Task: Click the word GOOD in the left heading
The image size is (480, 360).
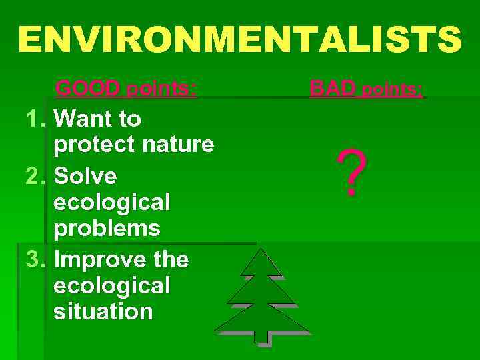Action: point(89,88)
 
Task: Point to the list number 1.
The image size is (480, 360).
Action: point(34,119)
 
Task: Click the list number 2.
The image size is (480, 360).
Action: point(34,177)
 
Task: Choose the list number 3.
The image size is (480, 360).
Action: point(34,259)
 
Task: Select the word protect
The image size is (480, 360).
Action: point(93,144)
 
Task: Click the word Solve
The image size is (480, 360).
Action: point(85,177)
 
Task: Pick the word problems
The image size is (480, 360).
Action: point(107,229)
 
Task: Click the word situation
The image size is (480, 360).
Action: point(103,311)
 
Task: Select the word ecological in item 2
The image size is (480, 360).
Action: point(112,202)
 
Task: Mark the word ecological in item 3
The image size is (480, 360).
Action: point(112,285)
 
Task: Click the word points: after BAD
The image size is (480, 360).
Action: point(392,89)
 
